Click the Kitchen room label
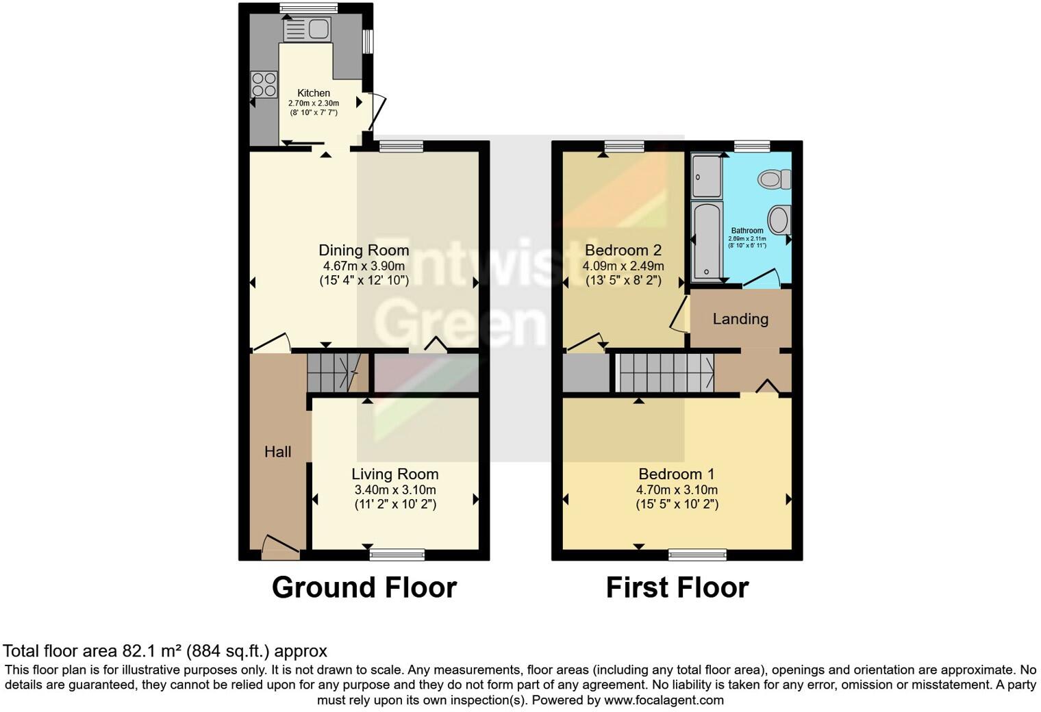314,93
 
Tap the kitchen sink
307,29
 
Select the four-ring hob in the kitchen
264,84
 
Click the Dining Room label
364,251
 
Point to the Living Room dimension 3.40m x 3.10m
395,490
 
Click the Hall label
278,452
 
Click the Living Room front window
397,554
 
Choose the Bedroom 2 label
623,250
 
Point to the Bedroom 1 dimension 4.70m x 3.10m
677,490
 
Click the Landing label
740,319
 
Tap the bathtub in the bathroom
706,242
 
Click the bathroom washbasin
779,220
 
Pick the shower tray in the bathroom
706,176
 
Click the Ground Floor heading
364,588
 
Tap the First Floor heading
677,588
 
